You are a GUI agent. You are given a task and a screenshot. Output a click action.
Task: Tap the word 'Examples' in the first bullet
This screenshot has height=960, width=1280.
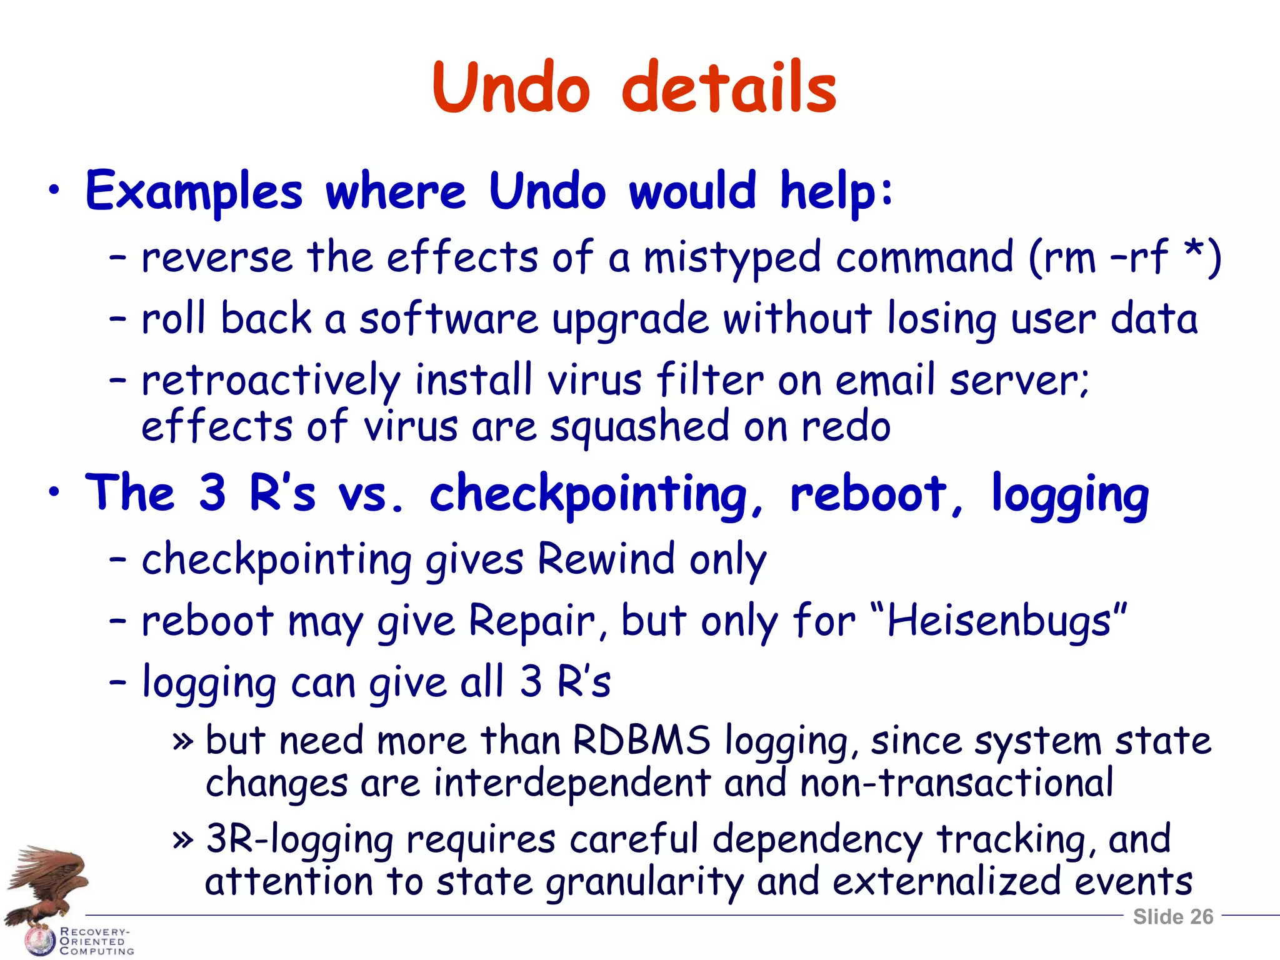coord(194,191)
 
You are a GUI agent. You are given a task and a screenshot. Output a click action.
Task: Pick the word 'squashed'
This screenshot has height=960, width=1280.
coord(639,427)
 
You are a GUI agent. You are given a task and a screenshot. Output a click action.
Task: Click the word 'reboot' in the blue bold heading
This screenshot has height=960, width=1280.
coord(869,494)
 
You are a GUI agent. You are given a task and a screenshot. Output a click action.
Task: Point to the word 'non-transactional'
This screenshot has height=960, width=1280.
coord(956,782)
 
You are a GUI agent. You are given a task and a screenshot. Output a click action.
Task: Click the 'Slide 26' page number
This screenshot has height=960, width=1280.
coord(1173,917)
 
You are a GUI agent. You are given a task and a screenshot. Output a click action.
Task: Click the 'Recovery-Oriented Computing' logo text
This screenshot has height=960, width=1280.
coord(95,941)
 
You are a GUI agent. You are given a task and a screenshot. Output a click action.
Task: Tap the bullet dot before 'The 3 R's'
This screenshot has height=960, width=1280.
coord(55,491)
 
